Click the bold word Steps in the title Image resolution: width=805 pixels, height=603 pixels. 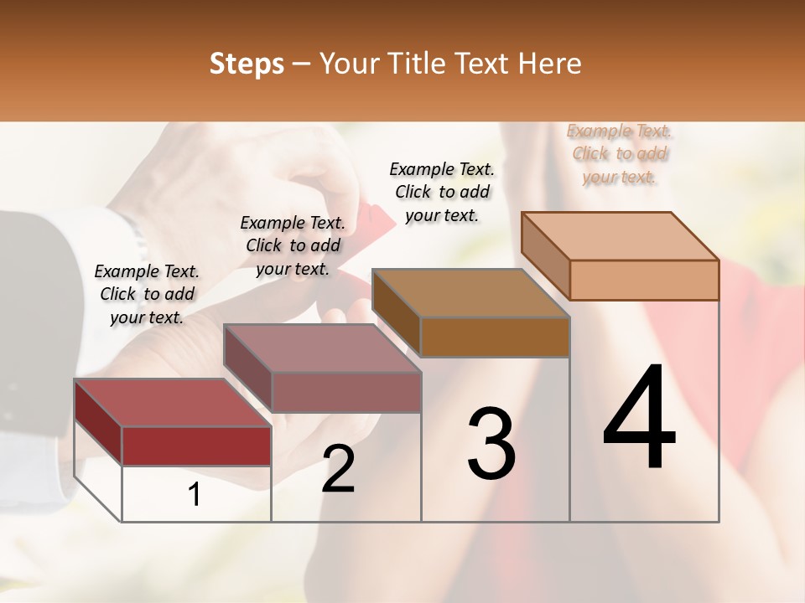coord(246,64)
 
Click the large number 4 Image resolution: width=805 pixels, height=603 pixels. coord(640,419)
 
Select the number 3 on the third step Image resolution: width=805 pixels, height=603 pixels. coord(491,445)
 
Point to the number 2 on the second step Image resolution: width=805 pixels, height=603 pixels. coord(339,470)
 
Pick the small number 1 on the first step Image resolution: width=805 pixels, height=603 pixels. coord(195,495)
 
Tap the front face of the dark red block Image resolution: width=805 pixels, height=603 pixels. coord(196,446)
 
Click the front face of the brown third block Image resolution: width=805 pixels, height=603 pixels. coord(495,337)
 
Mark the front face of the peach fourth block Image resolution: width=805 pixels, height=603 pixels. coord(644,280)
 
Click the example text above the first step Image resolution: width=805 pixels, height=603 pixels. coord(147,294)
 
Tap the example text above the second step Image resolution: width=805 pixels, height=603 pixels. coord(293,245)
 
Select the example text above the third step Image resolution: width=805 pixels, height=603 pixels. coord(442,192)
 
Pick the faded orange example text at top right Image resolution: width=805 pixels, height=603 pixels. coord(620,153)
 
